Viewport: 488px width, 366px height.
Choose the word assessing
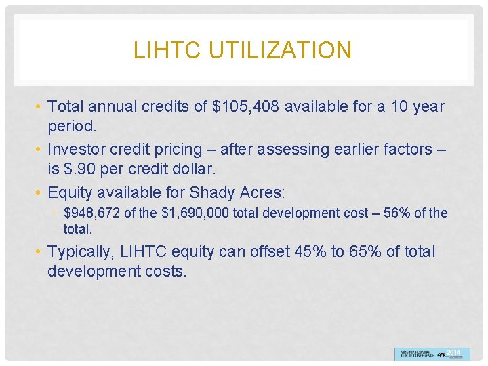tap(295, 149)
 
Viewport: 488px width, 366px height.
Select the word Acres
tap(260, 191)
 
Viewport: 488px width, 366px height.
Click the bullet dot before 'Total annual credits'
tap(40, 107)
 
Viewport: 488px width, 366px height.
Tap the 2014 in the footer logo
tap(453, 353)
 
